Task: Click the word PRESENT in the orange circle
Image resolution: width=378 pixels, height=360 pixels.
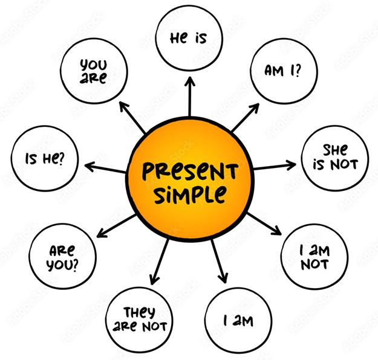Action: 190,171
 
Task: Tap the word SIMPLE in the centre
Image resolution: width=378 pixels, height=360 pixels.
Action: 191,194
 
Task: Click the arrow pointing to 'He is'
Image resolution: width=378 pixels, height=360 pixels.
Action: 190,96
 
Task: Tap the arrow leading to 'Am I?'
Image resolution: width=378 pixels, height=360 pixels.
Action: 245,118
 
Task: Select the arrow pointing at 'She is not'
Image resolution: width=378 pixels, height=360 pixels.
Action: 275,166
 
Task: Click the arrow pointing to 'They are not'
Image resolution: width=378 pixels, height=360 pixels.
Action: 159,262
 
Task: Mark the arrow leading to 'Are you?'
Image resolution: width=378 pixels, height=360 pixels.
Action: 116,226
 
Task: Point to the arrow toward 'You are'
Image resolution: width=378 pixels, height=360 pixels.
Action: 132,117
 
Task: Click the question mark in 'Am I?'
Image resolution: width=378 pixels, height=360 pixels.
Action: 298,71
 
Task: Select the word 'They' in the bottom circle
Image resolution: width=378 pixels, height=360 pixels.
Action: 139,312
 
